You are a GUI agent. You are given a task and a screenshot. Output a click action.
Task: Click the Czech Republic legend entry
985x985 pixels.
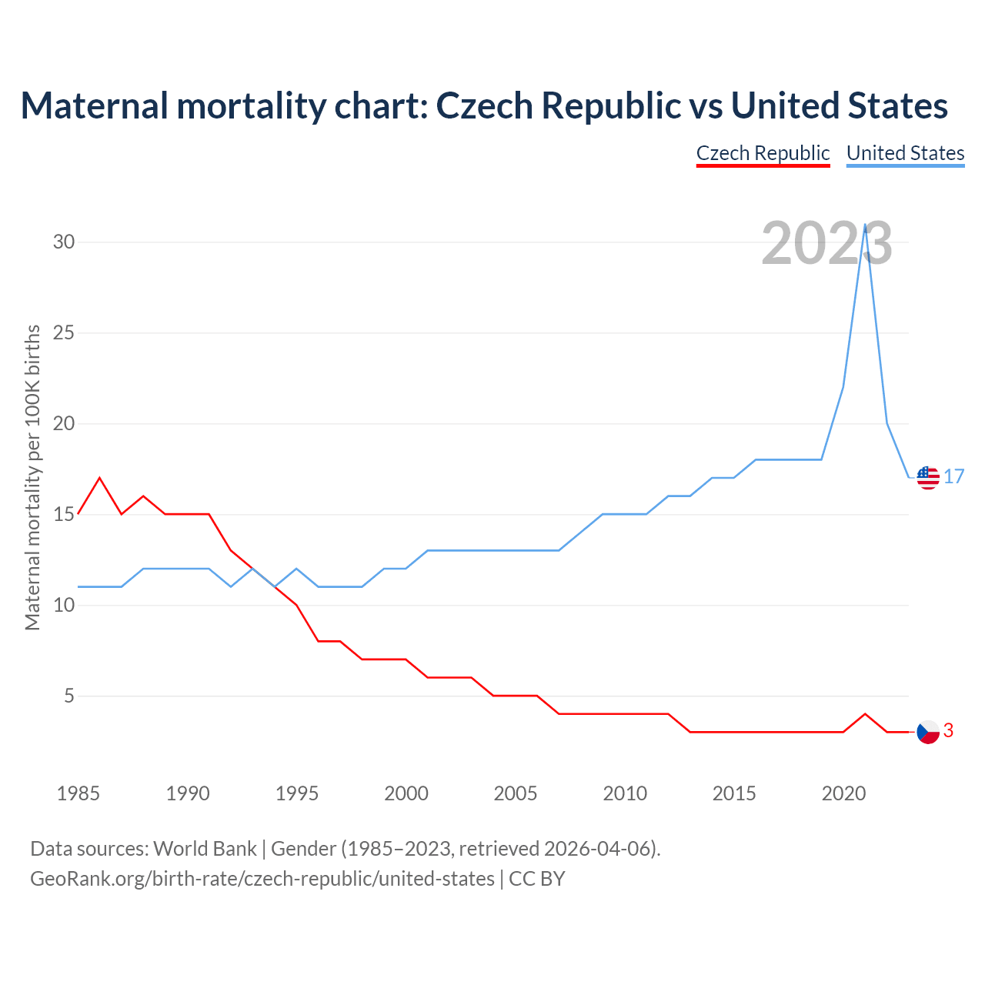[x=763, y=153]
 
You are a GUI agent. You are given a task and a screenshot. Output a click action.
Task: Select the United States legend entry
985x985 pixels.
[x=905, y=153]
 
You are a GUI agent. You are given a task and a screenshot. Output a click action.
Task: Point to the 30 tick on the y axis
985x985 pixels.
[x=64, y=242]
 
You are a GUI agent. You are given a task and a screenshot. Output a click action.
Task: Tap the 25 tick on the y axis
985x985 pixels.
[x=64, y=333]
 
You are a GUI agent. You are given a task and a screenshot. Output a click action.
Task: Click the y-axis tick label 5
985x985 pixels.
[x=69, y=696]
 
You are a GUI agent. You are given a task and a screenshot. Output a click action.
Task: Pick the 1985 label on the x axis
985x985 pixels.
[x=78, y=793]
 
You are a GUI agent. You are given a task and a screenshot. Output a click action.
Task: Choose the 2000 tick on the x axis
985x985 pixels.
[x=406, y=793]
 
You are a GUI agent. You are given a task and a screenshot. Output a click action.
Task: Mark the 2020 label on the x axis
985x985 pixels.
[x=843, y=793]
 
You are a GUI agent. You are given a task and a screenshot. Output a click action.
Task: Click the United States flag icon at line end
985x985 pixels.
[x=928, y=478]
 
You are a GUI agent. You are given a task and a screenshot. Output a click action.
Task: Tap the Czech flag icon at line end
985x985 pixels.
[x=928, y=732]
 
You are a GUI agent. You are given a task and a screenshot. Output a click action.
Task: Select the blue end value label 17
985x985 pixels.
[x=954, y=477]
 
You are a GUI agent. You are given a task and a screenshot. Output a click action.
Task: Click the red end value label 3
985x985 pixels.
[x=949, y=731]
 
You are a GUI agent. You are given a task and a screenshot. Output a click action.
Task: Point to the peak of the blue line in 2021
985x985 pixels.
[x=866, y=225]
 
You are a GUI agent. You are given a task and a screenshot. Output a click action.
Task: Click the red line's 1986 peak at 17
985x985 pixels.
[x=99, y=478]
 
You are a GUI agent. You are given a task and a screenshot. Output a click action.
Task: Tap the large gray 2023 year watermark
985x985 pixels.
[x=826, y=244]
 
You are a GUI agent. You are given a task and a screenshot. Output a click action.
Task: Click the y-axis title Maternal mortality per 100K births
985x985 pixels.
[x=32, y=477]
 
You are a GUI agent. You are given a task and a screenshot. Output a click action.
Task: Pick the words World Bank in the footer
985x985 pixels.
[x=205, y=849]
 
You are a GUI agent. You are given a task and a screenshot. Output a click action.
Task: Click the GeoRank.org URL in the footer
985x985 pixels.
[x=262, y=879]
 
